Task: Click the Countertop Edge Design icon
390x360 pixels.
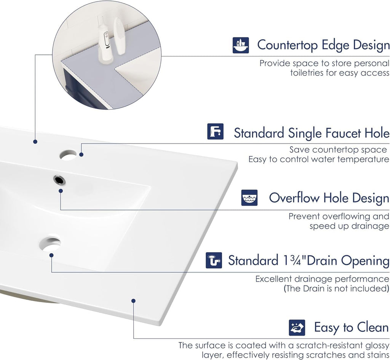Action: pyautogui.click(x=240, y=45)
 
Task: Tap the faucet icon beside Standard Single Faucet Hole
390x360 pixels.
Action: pyautogui.click(x=215, y=131)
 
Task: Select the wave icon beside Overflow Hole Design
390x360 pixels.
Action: pyautogui.click(x=249, y=198)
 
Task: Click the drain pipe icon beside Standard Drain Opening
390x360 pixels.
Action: pyautogui.click(x=214, y=260)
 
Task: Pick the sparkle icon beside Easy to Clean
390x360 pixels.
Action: pyautogui.click(x=297, y=327)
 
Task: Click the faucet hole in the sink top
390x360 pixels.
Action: pyautogui.click(x=68, y=155)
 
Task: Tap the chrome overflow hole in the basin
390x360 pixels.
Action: pyautogui.click(x=59, y=180)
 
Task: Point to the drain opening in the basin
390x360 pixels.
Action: pyautogui.click(x=51, y=244)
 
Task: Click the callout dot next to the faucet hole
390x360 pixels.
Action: pyautogui.click(x=81, y=155)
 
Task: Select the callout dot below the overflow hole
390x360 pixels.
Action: pyautogui.click(x=61, y=191)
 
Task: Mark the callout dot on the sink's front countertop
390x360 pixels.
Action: pyautogui.click(x=133, y=301)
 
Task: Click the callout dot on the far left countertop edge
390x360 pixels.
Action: pyautogui.click(x=35, y=142)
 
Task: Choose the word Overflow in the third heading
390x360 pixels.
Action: pyautogui.click(x=295, y=198)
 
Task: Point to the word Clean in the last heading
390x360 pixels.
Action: pyautogui.click(x=373, y=327)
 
